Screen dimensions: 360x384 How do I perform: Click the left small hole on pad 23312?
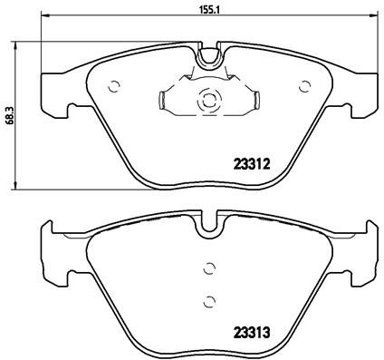[113, 87]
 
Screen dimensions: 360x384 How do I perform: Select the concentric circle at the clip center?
[207, 101]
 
